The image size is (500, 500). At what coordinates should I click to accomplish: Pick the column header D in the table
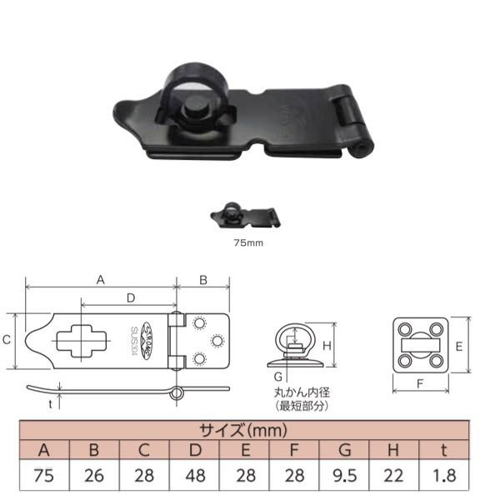(x=195, y=451)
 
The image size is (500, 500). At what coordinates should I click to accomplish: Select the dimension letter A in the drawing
(x=101, y=281)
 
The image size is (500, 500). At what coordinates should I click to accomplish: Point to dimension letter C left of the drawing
(x=7, y=339)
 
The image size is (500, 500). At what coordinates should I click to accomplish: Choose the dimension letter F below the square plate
(x=420, y=386)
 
